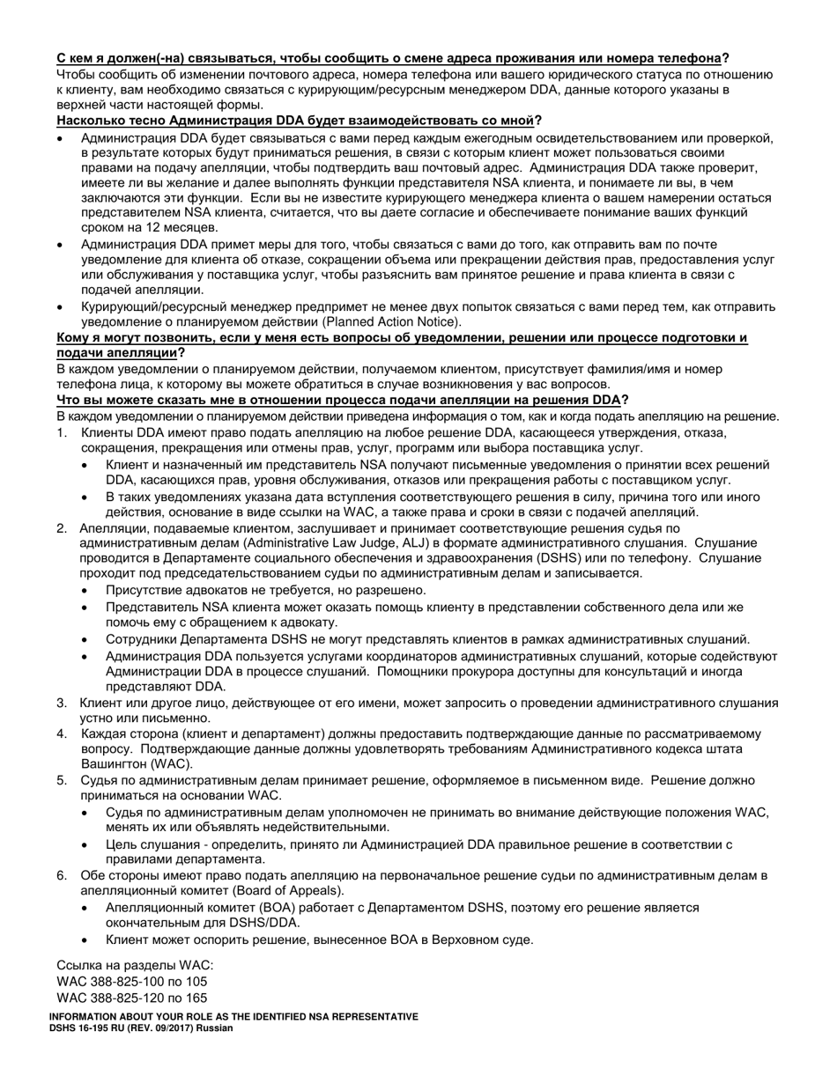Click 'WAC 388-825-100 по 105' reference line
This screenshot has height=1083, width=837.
[132, 981]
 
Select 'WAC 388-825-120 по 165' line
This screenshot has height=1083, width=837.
[132, 998]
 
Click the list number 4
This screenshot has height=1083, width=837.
[62, 733]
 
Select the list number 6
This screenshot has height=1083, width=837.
[62, 875]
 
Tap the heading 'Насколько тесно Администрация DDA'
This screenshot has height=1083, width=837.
[299, 121]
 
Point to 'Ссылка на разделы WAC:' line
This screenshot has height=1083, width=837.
[135, 965]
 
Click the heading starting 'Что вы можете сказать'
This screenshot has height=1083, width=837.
[343, 400]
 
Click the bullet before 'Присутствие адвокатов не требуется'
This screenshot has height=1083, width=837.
[85, 591]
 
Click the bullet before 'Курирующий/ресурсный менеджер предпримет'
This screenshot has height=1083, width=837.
[60, 307]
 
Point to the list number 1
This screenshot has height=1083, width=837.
[62, 433]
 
